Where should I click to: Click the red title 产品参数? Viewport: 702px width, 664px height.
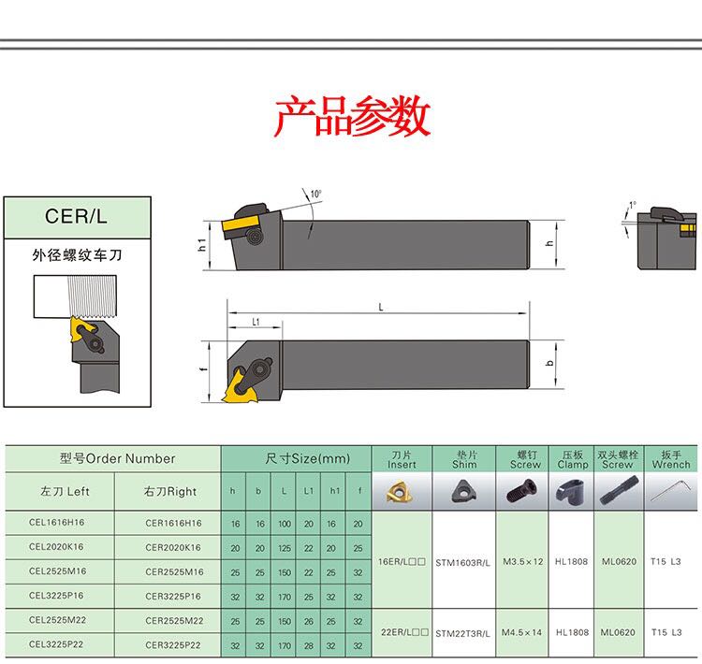(351, 117)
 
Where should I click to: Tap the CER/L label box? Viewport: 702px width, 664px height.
(77, 216)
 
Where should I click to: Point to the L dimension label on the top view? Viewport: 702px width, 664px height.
(381, 307)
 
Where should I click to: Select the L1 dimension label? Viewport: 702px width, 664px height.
(255, 322)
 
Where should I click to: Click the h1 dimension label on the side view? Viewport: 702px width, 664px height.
(202, 244)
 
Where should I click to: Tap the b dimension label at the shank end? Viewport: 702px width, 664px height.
(551, 362)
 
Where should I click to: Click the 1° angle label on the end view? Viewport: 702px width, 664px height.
(633, 204)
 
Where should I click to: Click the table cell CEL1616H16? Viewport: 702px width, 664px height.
(56, 523)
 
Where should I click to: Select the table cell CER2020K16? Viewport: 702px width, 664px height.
(173, 547)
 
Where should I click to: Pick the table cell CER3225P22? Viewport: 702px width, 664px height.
(173, 645)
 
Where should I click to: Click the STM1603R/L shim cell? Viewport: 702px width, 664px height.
(463, 562)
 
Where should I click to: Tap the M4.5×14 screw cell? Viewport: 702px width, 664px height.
(522, 633)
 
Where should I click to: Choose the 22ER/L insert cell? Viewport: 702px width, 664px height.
(402, 633)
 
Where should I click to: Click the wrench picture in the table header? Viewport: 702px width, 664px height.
(670, 491)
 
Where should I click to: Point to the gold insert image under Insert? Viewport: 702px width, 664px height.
(403, 491)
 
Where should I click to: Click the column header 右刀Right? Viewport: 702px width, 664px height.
(170, 491)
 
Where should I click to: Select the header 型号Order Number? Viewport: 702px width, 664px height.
(117, 458)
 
